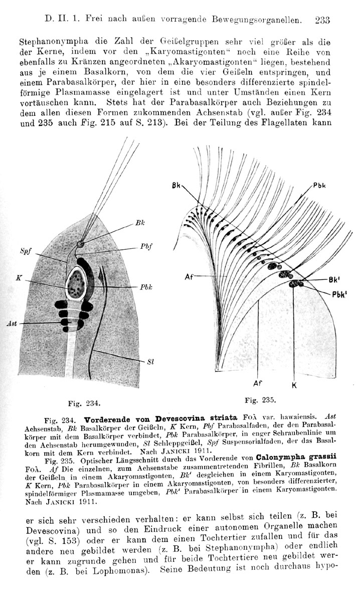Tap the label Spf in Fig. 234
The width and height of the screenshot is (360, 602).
(x=25, y=251)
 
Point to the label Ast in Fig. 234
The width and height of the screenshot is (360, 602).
(x=12, y=324)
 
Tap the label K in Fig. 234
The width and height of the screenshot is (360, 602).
(x=18, y=277)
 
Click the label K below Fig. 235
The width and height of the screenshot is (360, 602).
(x=294, y=385)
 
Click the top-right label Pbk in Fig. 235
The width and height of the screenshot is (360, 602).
(x=320, y=185)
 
